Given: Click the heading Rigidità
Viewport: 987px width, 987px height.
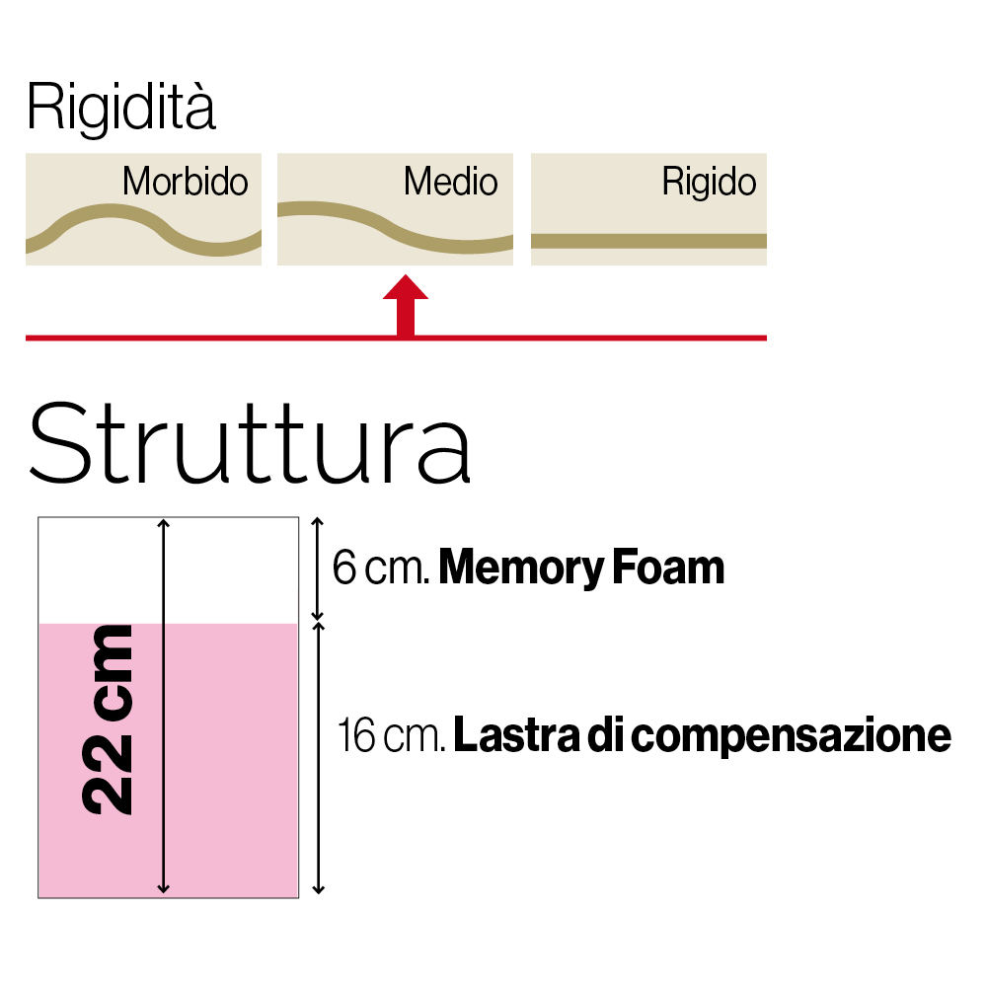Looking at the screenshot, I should [x=120, y=110].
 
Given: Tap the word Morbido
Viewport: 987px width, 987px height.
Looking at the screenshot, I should [x=185, y=182].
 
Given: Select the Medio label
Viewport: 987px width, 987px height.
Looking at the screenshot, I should [x=450, y=182].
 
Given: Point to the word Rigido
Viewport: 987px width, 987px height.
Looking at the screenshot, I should [x=709, y=182].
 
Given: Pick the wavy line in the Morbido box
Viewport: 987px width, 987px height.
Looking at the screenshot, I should [x=109, y=209].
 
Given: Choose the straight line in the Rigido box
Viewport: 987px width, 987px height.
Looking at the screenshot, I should [x=648, y=240].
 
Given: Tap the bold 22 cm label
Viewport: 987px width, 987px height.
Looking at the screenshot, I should [x=109, y=720].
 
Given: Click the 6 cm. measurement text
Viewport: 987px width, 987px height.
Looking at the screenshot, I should [x=380, y=569].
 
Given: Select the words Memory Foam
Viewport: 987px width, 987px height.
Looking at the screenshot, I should [x=581, y=569].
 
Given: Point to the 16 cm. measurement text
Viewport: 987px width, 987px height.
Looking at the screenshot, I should [x=391, y=736].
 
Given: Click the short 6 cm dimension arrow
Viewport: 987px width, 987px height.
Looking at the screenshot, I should [x=317, y=569].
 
